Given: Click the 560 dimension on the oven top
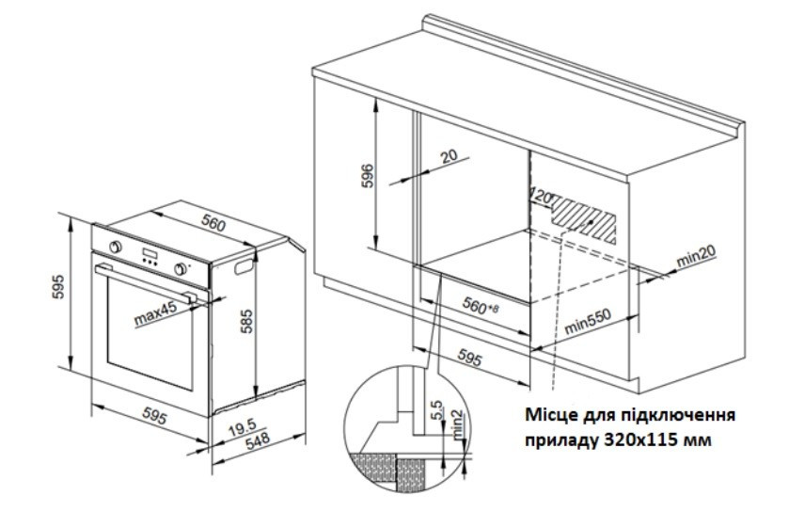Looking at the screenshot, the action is click(x=213, y=223).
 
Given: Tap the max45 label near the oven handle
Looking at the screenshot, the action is click(x=156, y=313).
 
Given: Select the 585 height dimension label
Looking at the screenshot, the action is click(x=246, y=321).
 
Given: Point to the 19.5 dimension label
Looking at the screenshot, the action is click(x=243, y=429).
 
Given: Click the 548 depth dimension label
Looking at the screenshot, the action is click(x=258, y=441).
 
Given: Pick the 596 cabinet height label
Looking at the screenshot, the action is click(x=369, y=175).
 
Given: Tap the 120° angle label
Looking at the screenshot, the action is click(x=542, y=197).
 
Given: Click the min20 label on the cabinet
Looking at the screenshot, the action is click(x=696, y=257).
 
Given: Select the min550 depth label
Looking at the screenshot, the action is click(x=587, y=321).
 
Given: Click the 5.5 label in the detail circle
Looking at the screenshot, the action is click(x=436, y=410).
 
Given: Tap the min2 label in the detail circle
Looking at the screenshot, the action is click(x=458, y=424).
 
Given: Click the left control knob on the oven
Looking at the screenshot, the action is click(x=116, y=247).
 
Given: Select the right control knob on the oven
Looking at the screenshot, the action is click(x=181, y=269).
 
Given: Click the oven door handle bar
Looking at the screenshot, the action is click(x=145, y=282).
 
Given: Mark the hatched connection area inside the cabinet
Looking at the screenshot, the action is click(x=584, y=220).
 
